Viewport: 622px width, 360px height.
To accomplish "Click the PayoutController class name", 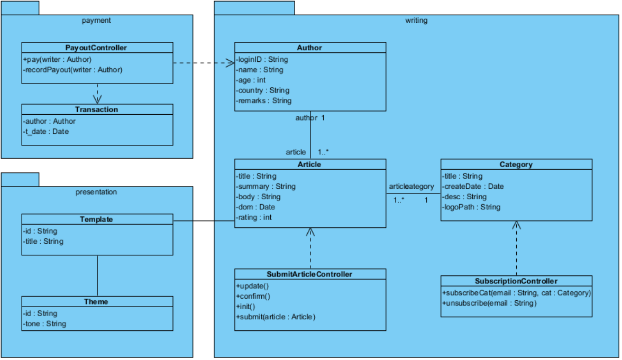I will click(x=96, y=48).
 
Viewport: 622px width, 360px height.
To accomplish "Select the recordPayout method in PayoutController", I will click(x=73, y=69).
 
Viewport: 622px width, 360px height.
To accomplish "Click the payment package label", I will click(x=96, y=21).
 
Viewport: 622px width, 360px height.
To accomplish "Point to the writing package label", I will click(x=416, y=21).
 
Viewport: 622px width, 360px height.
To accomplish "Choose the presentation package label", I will click(x=96, y=192).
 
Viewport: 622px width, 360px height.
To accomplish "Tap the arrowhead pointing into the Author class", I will click(x=230, y=63).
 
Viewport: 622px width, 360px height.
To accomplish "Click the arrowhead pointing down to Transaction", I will click(x=97, y=99).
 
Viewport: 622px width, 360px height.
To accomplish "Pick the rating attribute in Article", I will click(x=254, y=217).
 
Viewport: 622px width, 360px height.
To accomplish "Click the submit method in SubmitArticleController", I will click(x=276, y=317).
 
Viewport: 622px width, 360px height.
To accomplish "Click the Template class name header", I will click(x=96, y=219).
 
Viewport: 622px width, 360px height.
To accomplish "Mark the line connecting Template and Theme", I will click(x=97, y=275).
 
